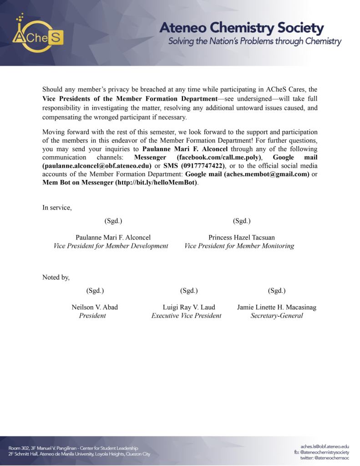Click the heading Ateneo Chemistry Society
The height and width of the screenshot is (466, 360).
coord(241,28)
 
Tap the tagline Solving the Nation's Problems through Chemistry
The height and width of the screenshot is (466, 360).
coord(254,42)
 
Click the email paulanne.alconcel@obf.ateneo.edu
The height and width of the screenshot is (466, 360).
coord(97,166)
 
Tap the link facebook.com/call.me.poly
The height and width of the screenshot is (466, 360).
coord(218,157)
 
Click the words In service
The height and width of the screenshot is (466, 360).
coord(57,208)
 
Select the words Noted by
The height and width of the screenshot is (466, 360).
coord(56,277)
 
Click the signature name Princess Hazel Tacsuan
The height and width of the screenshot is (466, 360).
coord(241,237)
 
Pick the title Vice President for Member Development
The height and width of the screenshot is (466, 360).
coord(111,246)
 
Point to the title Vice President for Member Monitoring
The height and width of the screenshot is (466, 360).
coord(239,246)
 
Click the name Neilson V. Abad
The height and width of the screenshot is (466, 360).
coord(95,307)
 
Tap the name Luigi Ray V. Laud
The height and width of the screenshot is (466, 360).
coord(189,307)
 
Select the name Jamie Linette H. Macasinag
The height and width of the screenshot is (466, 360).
coord(276,307)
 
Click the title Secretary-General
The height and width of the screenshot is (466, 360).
coord(276,316)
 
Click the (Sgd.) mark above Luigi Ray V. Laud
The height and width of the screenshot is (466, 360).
coord(189,291)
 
